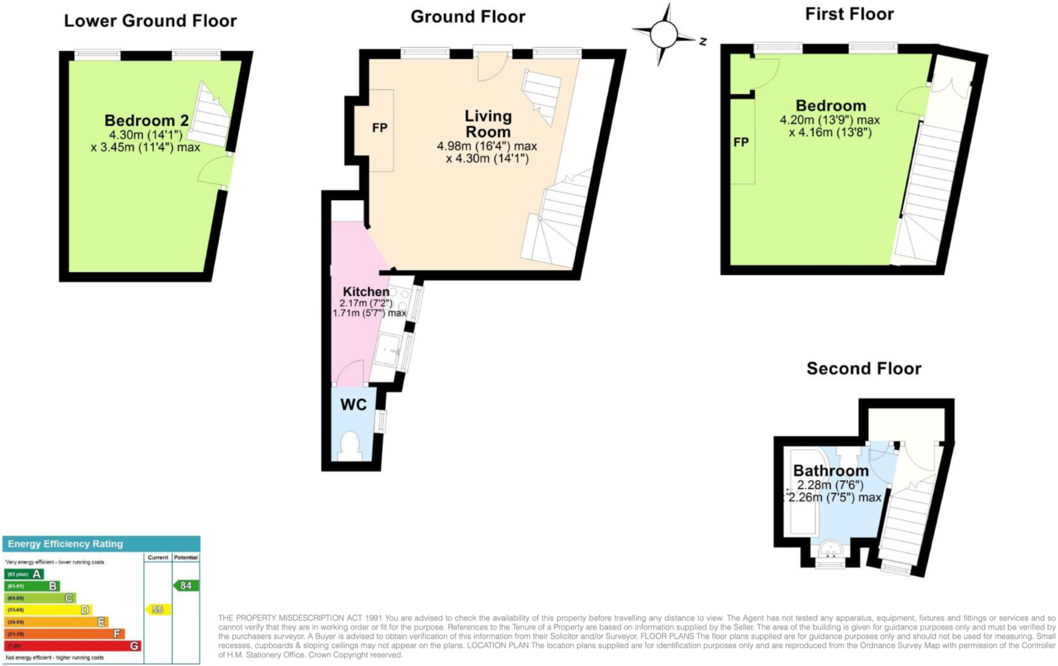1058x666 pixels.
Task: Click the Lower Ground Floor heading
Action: pos(151,21)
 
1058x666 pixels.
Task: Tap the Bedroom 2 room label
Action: pos(146,120)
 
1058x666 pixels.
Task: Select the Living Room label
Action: pos(488,124)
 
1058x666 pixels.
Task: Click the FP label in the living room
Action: pos(380,128)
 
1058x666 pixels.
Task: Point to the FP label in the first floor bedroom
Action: pos(741,142)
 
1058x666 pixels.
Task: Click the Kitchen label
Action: pos(366,292)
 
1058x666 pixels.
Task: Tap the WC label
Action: pos(353,405)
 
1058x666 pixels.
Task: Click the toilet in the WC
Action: pos(350,445)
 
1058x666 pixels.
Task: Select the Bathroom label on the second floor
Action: pos(831,471)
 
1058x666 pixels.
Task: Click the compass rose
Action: pos(664,34)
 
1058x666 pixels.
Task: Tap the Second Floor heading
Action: pos(864,368)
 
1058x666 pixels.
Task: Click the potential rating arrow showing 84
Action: pos(186,585)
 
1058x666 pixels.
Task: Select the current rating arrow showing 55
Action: pos(157,609)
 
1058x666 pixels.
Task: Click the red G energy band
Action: pos(73,645)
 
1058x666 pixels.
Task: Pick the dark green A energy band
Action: pos(24,574)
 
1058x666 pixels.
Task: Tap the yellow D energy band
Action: pos(48,610)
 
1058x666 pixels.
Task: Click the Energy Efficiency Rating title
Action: pos(65,544)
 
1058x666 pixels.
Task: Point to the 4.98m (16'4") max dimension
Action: pos(486,146)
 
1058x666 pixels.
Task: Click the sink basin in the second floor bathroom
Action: pos(830,550)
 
